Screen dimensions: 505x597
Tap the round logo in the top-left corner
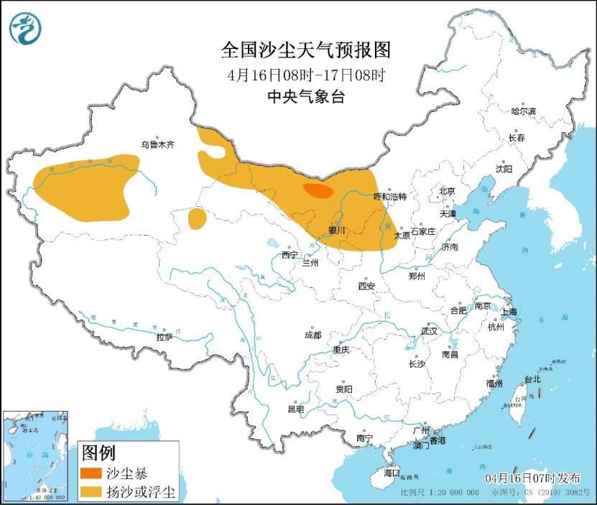pyautogui.click(x=25, y=29)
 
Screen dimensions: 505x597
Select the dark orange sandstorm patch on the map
pyautogui.click(x=318, y=190)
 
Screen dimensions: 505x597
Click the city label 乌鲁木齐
pyautogui.click(x=157, y=144)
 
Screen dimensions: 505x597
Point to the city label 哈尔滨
pyautogui.click(x=523, y=111)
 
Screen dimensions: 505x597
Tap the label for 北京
pyautogui.click(x=447, y=191)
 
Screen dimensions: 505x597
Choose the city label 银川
pyautogui.click(x=336, y=231)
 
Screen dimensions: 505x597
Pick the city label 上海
pyautogui.click(x=509, y=312)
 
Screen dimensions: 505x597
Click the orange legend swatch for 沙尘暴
pyautogui.click(x=91, y=474)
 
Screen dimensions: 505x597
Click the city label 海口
pyautogui.click(x=391, y=473)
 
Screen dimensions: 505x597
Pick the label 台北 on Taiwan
pyautogui.click(x=532, y=379)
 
